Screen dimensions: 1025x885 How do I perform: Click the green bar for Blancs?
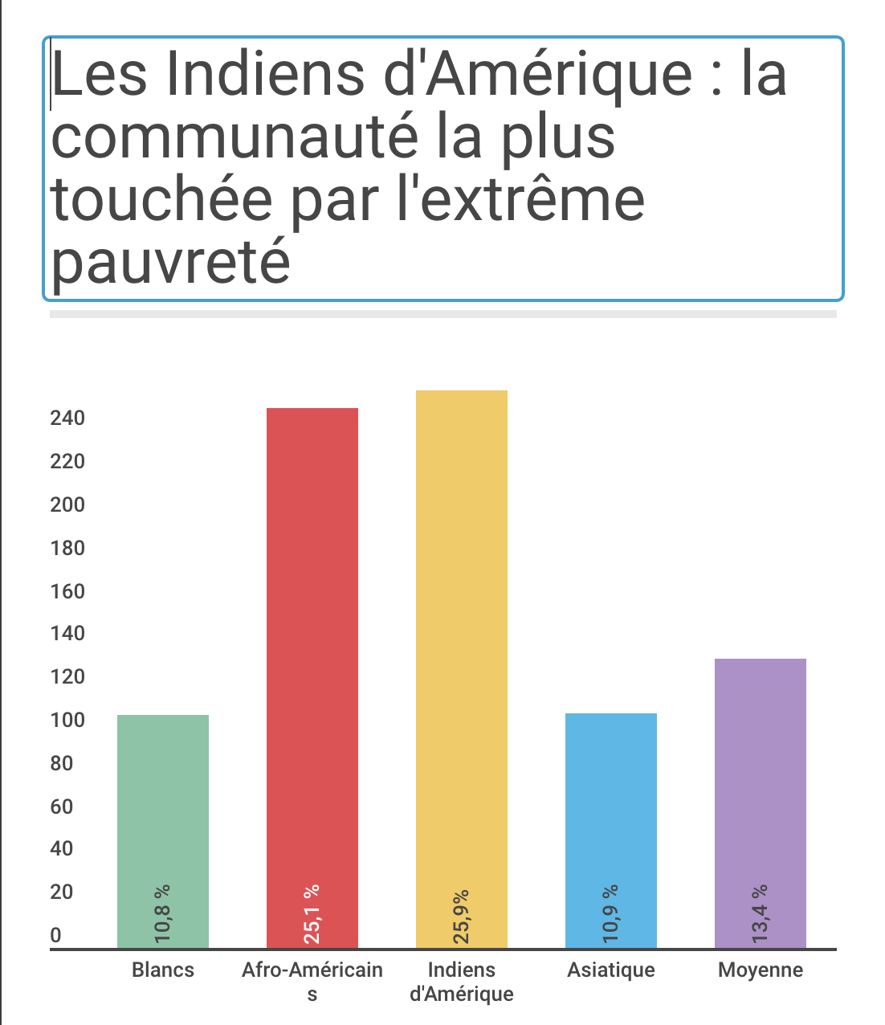[x=163, y=803]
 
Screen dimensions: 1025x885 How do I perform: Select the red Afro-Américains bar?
[x=312, y=643]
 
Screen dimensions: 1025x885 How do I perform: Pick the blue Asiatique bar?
[x=611, y=803]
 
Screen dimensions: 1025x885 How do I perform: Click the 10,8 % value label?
[x=163, y=913]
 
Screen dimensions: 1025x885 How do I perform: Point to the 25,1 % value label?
[x=312, y=913]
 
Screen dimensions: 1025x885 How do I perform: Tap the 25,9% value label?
[x=462, y=916]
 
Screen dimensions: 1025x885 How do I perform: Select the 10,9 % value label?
[x=611, y=913]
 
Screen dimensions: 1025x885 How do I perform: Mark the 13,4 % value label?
[x=761, y=913]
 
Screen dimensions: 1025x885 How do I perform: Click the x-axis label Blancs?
[x=163, y=970]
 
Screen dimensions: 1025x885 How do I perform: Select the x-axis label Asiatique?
[x=611, y=970]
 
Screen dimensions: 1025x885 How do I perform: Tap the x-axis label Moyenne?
[x=761, y=970]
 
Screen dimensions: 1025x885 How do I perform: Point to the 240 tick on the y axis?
[x=67, y=418]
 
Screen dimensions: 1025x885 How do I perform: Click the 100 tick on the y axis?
[x=67, y=720]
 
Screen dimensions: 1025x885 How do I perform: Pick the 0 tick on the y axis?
[x=56, y=935]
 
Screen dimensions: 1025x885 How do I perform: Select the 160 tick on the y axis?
[x=67, y=591]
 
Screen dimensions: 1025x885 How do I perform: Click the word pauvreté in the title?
[x=171, y=262]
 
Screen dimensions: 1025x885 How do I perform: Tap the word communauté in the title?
[x=235, y=137]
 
